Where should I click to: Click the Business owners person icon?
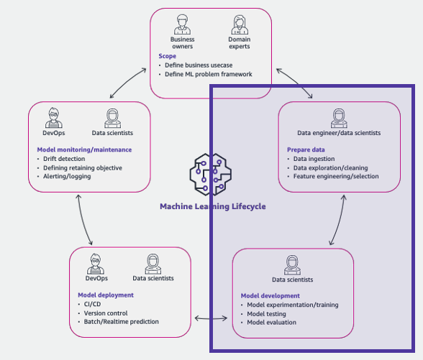coord(182,24)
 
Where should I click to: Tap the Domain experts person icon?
coord(240,24)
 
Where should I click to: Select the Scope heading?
coord(167,56)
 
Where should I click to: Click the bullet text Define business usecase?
coord(199,65)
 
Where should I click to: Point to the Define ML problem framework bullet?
coord(209,74)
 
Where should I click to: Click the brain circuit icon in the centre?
coord(210,175)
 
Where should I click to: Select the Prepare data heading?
coord(306,149)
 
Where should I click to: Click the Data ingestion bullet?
coord(314,159)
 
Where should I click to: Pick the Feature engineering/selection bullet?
coord(336,176)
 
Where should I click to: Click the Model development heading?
coord(270,295)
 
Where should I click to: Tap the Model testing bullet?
coord(266,314)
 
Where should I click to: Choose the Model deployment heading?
coord(106,295)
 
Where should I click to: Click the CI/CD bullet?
coord(92,304)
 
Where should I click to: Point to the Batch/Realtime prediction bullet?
coord(121,322)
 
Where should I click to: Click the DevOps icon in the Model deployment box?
coord(96,264)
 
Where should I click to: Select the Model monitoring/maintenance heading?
coord(84,149)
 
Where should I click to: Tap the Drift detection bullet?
coord(64,159)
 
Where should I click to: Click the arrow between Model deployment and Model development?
coord(211,318)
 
